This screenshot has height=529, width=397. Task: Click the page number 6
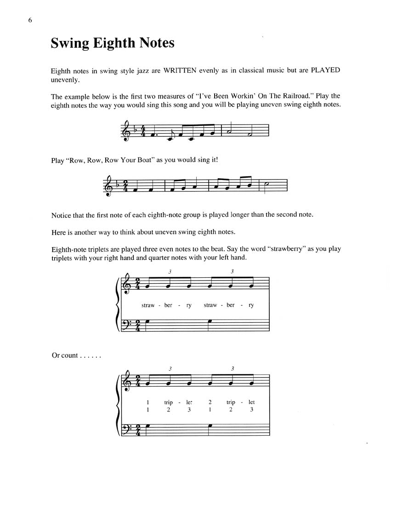(x=30, y=21)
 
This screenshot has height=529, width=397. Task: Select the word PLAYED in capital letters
(x=325, y=71)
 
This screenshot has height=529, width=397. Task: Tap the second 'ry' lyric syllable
(x=251, y=305)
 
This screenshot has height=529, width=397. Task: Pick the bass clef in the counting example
(x=125, y=429)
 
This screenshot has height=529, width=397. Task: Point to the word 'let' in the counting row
(x=251, y=402)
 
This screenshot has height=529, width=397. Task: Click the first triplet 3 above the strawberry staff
(x=170, y=271)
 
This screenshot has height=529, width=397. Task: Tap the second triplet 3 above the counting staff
(x=233, y=368)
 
